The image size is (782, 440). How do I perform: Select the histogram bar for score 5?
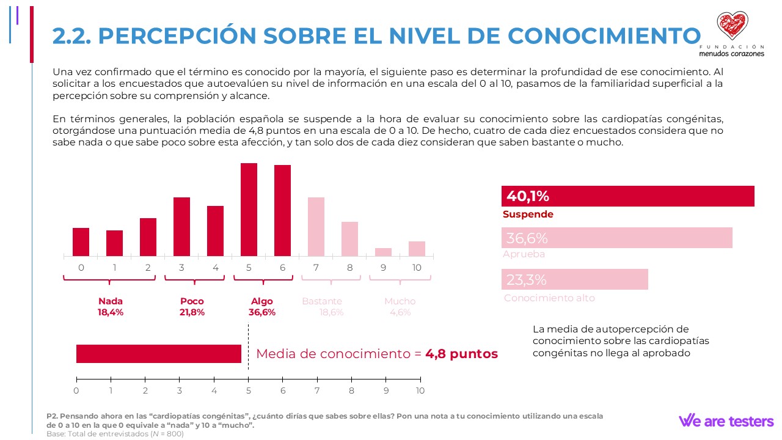click(249, 209)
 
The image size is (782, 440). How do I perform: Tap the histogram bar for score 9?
click(383, 252)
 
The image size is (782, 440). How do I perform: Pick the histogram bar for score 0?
click(81, 242)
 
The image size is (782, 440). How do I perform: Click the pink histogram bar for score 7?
click(316, 227)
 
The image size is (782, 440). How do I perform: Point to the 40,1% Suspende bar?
click(627, 196)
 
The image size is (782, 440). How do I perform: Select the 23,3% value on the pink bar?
click(526, 280)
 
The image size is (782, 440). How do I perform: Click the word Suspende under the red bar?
click(528, 215)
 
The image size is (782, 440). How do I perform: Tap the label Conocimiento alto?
click(549, 298)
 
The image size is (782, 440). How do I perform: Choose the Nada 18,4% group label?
click(111, 307)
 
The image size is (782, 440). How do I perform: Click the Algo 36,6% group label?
click(262, 307)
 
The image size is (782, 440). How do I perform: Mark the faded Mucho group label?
click(400, 307)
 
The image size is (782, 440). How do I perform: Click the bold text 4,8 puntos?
click(461, 354)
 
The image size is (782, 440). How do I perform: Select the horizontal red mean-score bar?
click(158, 354)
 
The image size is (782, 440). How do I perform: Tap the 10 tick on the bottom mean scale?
click(420, 391)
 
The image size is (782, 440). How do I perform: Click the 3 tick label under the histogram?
click(182, 268)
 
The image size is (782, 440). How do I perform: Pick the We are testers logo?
click(726, 420)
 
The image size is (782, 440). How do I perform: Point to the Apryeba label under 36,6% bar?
click(524, 254)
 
